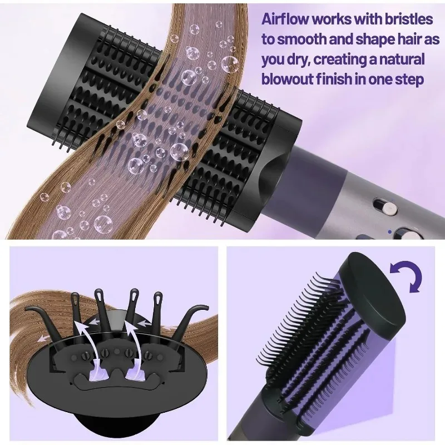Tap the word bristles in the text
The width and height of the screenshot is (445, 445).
pyautogui.click(x=409, y=19)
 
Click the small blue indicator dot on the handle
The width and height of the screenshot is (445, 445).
pyautogui.click(x=390, y=232)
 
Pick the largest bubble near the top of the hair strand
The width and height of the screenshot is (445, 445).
pyautogui.click(x=229, y=64)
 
